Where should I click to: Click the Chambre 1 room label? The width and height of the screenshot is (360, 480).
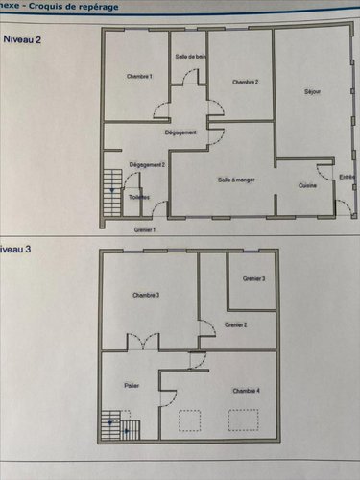(139, 76)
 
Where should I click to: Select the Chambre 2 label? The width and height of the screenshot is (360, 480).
(246, 82)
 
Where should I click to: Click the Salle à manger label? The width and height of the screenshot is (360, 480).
(236, 179)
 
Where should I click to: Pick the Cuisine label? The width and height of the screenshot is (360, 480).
(307, 185)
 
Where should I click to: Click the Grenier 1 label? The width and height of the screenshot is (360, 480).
(145, 229)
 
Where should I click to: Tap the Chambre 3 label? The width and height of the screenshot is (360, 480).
(146, 295)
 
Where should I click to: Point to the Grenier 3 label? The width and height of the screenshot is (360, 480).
(253, 278)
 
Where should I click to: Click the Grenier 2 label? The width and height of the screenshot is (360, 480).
(236, 325)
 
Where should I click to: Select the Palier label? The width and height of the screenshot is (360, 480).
(132, 385)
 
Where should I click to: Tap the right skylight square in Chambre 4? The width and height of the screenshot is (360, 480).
(238, 418)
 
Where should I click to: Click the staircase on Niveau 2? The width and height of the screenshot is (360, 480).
(112, 187)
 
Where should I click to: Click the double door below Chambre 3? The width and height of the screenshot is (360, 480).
(144, 340)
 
